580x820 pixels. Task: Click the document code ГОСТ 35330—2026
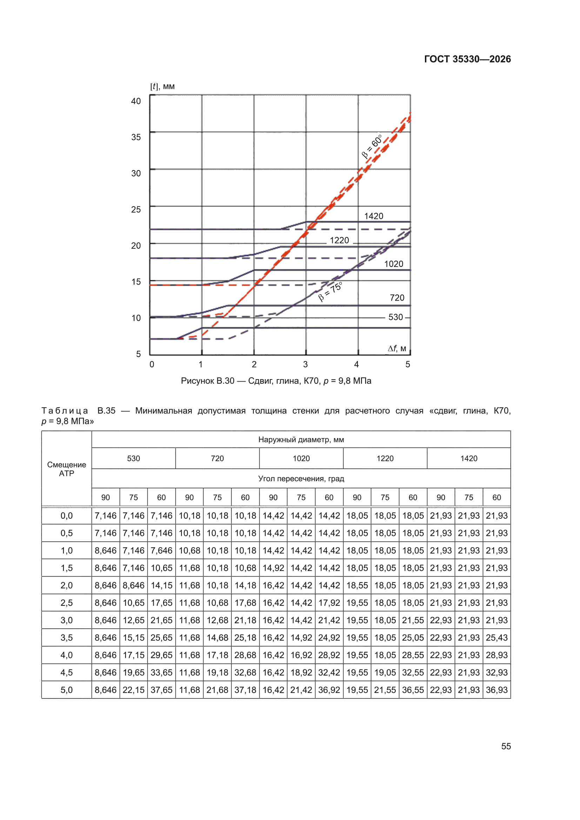pos(467,59)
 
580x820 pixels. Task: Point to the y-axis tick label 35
pos(136,137)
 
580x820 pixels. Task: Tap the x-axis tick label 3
pos(305,364)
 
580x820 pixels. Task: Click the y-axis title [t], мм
pos(162,86)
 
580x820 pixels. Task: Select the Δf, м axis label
pos(397,348)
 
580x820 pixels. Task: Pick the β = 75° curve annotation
pos(330,291)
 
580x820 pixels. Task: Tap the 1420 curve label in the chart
pos(373,216)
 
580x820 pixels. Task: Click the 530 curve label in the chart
pos(395,317)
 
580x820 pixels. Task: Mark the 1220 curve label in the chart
pos(339,240)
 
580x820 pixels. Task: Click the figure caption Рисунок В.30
pos(208,381)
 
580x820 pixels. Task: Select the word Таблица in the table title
pos(65,411)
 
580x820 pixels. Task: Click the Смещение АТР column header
pos(66,469)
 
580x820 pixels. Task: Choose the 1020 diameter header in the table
pos(301,458)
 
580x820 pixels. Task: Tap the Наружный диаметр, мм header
pos(301,440)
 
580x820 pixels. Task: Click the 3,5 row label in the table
pos(66,638)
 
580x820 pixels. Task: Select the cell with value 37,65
pos(161,690)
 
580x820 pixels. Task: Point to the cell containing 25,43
pos(497,638)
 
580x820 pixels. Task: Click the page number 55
pos(506,746)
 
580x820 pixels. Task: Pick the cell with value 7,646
pos(161,550)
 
